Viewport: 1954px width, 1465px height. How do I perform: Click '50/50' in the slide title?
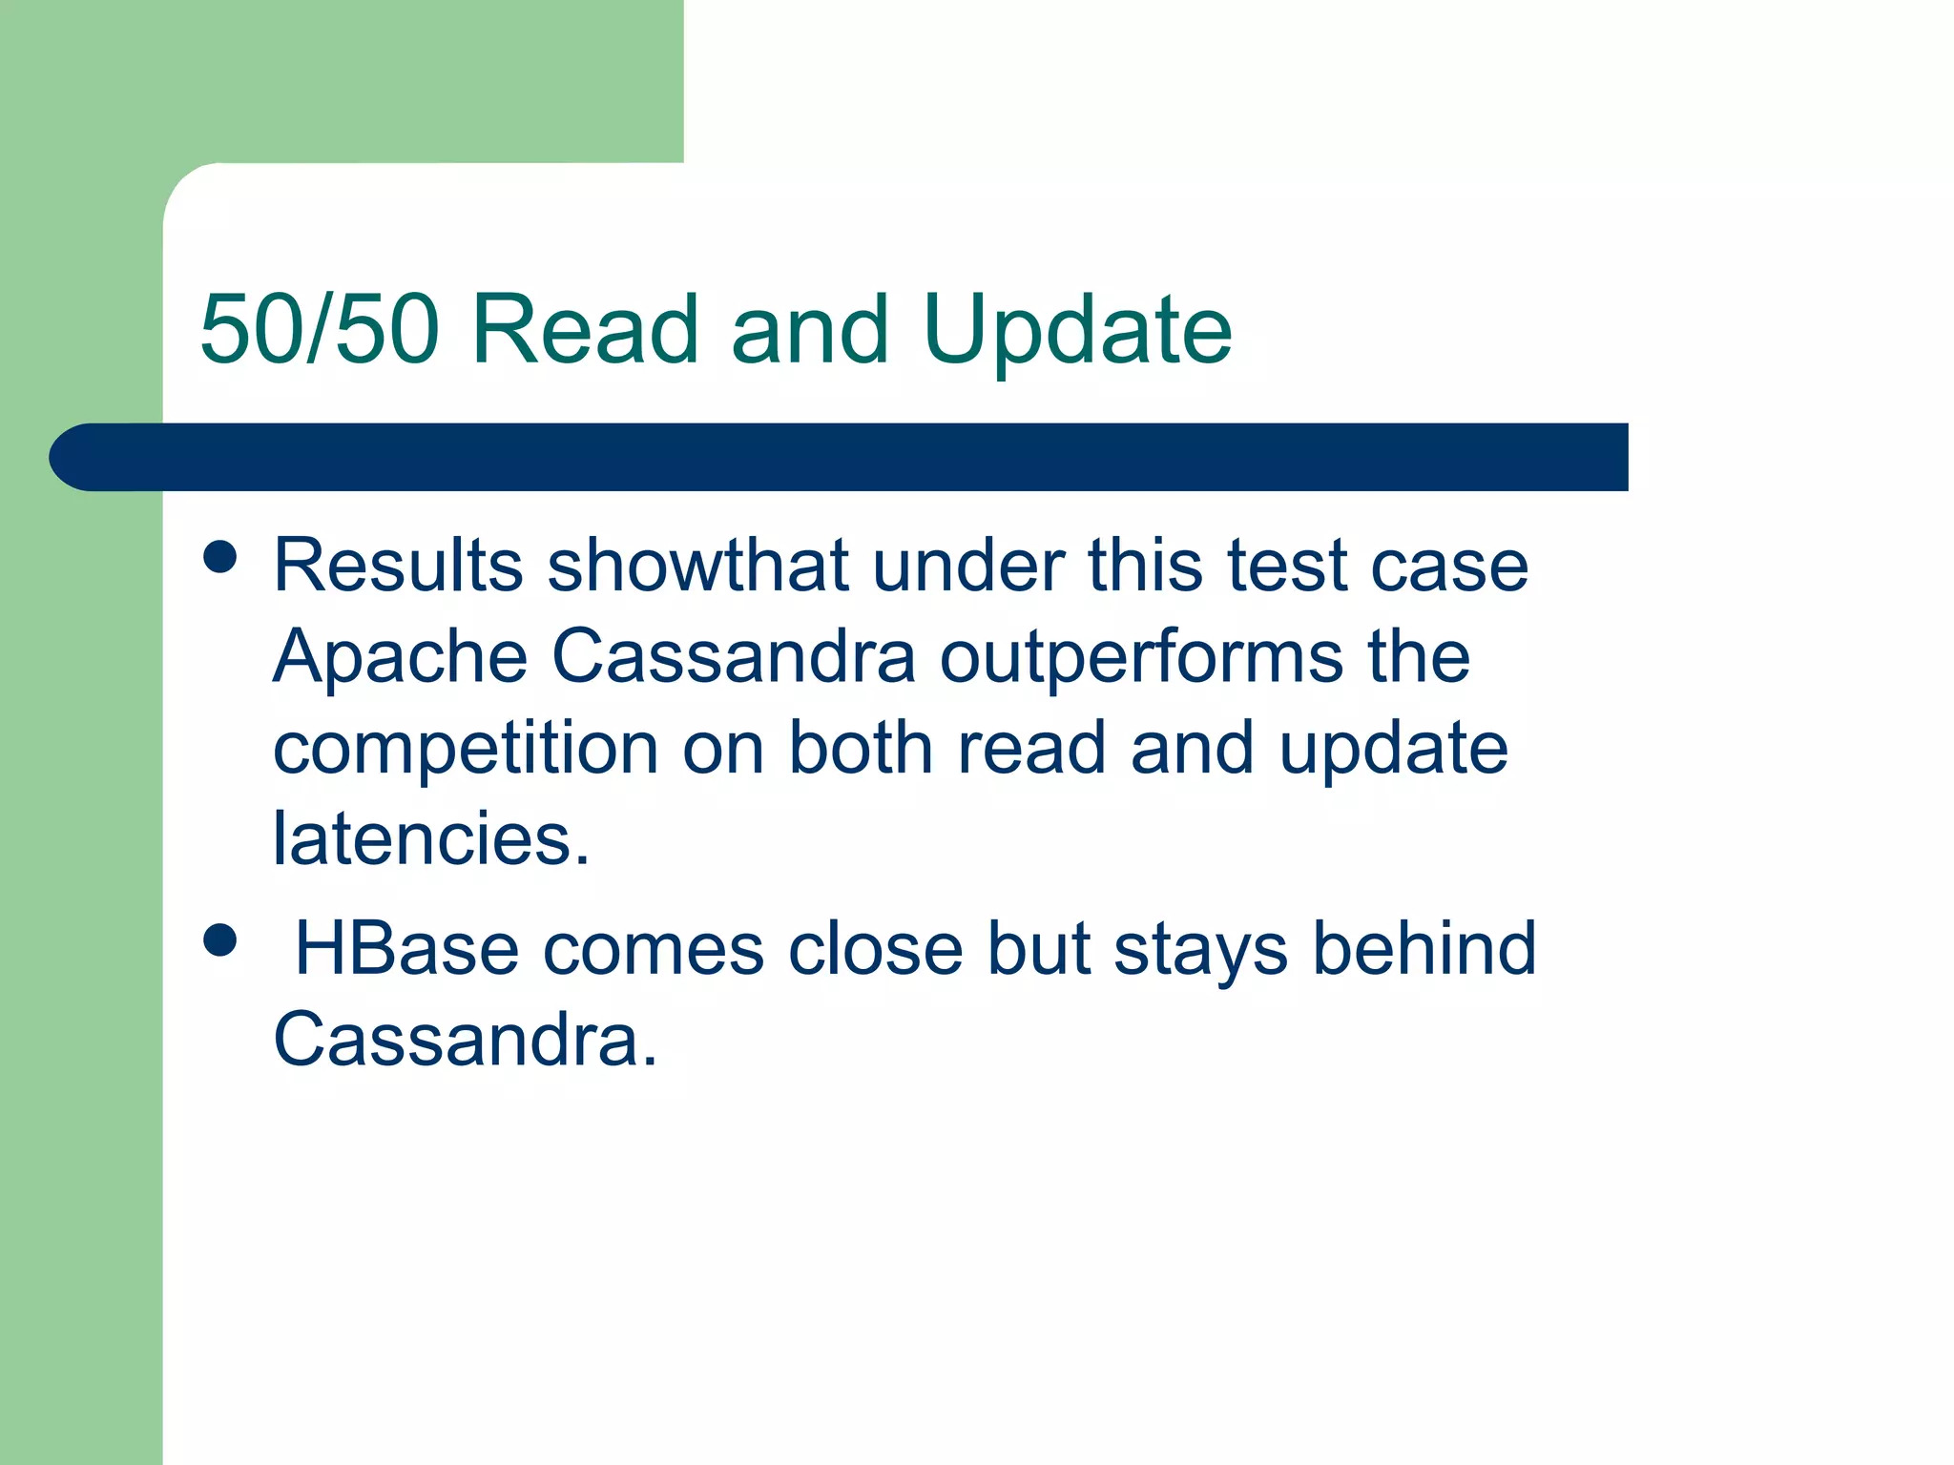319,329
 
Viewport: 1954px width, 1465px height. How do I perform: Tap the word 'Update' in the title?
1077,331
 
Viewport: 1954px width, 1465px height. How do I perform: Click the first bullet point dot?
220,556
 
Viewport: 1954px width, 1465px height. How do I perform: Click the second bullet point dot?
220,939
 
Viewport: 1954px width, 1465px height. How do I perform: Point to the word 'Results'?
398,566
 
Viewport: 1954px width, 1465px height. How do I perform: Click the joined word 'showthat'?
697,566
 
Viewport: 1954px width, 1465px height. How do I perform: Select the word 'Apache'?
401,657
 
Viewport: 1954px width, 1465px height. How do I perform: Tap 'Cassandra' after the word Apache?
734,657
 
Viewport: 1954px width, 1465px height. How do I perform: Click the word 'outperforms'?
1141,657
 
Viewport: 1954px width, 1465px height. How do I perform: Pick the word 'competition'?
466,749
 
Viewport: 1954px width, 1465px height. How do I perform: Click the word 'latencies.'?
431,839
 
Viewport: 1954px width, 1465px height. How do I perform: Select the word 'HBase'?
406,949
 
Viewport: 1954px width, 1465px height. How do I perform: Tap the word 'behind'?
1424,949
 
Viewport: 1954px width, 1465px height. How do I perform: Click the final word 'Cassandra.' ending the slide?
466,1040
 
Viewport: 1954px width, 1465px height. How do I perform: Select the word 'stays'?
1200,951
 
